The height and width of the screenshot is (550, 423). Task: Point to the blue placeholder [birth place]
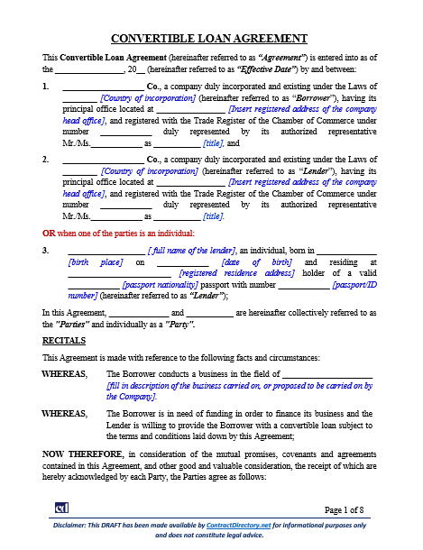97,261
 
